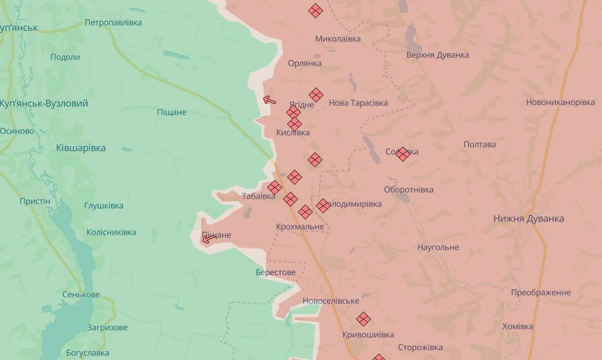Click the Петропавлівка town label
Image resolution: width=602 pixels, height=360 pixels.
point(113,22)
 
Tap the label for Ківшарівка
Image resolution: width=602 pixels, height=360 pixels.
point(81,148)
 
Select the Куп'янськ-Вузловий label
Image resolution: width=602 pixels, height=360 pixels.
point(44,104)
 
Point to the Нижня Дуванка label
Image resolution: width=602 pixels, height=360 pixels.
point(528,219)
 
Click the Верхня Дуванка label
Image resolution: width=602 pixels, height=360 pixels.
point(438,55)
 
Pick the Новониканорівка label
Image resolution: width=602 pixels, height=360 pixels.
point(560,102)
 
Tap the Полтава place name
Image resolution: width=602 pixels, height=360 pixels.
point(479,145)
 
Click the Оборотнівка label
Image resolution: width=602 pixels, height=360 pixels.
point(408,189)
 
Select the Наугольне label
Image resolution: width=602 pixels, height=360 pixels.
point(438,248)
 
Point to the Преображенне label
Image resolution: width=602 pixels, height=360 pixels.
point(541,293)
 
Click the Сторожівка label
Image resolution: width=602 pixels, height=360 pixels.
point(420,348)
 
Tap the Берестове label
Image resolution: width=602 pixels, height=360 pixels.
point(276,273)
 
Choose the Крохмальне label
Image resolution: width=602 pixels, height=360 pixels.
point(300,226)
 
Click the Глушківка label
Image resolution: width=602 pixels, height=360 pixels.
point(104,206)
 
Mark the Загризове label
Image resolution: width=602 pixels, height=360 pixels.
point(107,328)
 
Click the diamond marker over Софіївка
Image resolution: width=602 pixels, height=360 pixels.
point(403,154)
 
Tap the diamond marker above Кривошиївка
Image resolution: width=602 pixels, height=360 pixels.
point(363,319)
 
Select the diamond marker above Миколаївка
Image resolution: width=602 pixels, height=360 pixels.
point(316,11)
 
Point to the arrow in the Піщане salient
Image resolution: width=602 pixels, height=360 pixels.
point(209,238)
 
